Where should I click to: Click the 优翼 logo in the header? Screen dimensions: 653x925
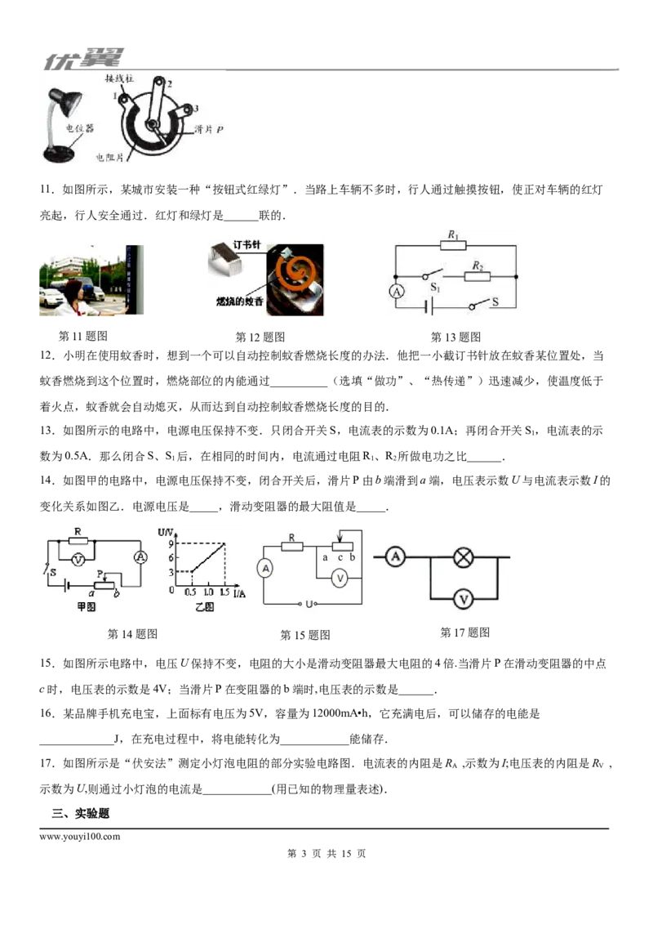[x=84, y=59]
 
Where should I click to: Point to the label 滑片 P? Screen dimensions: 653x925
[x=209, y=129]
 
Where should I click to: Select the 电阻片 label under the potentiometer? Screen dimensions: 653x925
[x=110, y=158]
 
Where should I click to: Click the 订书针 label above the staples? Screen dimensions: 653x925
[x=247, y=244]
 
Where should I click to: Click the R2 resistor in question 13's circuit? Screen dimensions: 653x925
[x=478, y=276]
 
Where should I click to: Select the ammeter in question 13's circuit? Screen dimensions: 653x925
[x=397, y=292]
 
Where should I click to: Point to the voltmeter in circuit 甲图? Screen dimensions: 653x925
[x=78, y=560]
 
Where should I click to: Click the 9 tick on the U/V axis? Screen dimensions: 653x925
[x=171, y=544]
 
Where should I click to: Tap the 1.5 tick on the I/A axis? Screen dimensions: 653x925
[x=224, y=592]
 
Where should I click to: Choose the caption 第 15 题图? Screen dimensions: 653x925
[x=304, y=635]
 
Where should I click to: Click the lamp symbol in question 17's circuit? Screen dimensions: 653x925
[x=464, y=557]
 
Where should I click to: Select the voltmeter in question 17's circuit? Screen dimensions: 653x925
[x=464, y=599]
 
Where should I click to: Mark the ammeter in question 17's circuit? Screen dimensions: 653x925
[x=395, y=556]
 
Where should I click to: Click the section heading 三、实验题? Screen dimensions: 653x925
[x=80, y=814]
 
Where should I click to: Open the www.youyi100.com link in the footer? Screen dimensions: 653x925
[x=79, y=837]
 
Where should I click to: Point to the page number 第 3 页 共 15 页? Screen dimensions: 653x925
[x=326, y=854]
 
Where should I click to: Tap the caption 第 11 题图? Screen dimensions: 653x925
[x=83, y=337]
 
